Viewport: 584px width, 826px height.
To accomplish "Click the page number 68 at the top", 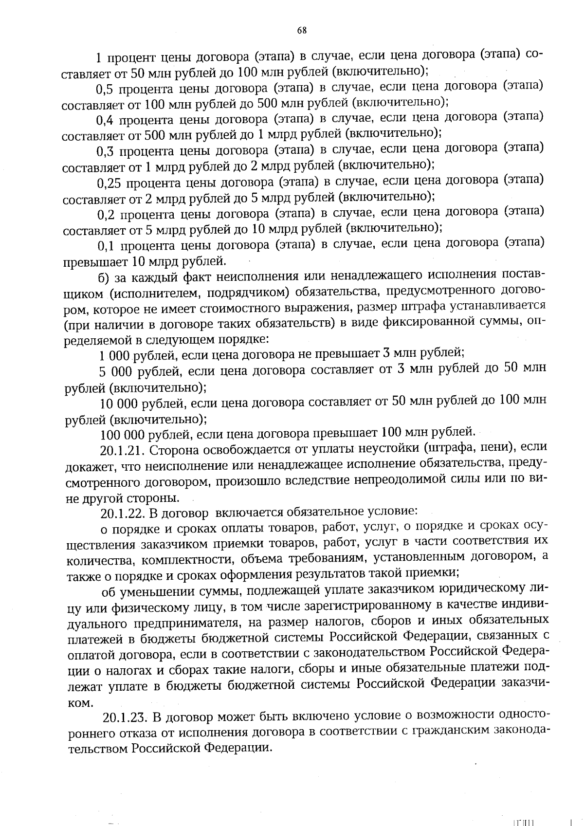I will pos(302,30).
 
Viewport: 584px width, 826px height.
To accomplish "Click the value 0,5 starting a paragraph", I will pos(105,90).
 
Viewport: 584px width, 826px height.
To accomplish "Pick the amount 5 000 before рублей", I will pos(115,373).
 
